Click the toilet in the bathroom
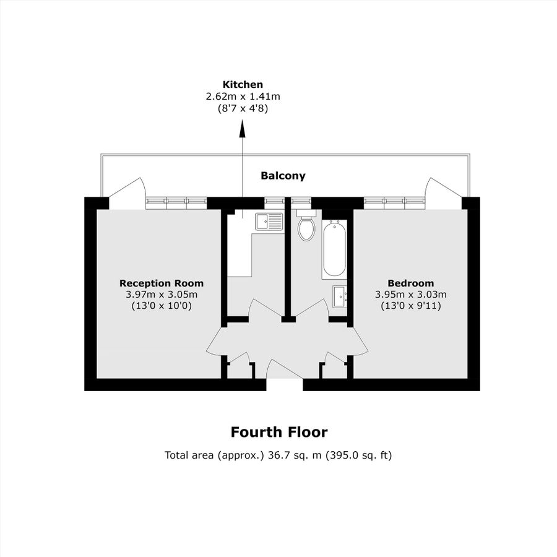click(306, 227)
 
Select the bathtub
click(334, 249)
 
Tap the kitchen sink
click(269, 221)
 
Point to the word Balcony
click(283, 176)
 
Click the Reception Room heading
click(161, 283)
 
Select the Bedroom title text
click(410, 283)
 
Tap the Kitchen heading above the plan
click(243, 84)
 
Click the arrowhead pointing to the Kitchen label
click(242, 129)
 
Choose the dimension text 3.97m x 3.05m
click(161, 294)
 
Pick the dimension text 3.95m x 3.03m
click(410, 294)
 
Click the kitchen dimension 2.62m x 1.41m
click(243, 97)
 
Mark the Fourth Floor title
click(278, 432)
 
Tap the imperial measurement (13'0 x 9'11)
click(410, 305)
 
